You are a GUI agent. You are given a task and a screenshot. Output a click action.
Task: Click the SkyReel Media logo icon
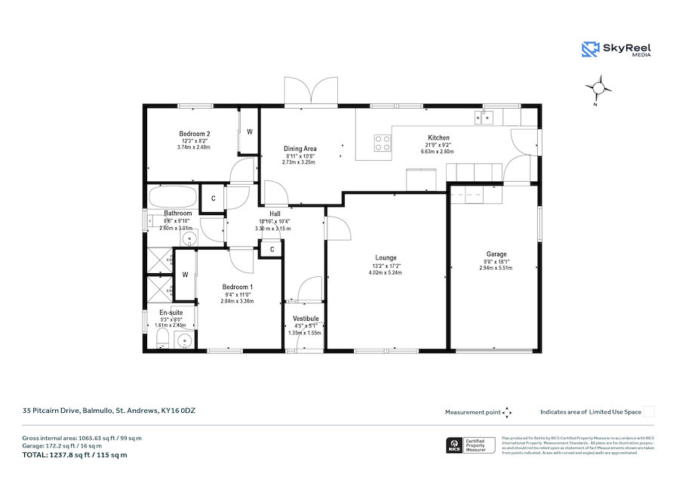click(590, 50)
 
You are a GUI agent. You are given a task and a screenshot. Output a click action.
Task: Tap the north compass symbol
click(599, 88)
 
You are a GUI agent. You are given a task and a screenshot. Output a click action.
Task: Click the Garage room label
click(496, 254)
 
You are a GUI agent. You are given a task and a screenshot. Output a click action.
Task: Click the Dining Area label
click(300, 149)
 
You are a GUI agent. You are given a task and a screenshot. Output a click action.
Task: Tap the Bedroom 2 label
click(194, 134)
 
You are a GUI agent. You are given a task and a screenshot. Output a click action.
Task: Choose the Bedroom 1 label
click(237, 287)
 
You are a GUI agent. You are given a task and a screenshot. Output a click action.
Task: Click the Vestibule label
click(305, 319)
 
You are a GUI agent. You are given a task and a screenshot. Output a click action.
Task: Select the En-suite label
click(171, 312)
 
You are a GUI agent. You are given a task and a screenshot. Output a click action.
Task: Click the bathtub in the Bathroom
click(173, 198)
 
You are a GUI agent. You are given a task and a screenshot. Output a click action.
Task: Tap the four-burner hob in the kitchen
click(383, 143)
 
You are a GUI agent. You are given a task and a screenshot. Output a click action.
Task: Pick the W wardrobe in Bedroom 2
click(250, 131)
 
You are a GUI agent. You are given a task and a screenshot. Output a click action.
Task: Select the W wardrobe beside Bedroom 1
click(185, 275)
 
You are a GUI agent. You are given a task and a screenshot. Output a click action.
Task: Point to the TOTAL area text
click(74, 454)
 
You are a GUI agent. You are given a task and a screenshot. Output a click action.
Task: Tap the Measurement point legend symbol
click(507, 412)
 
